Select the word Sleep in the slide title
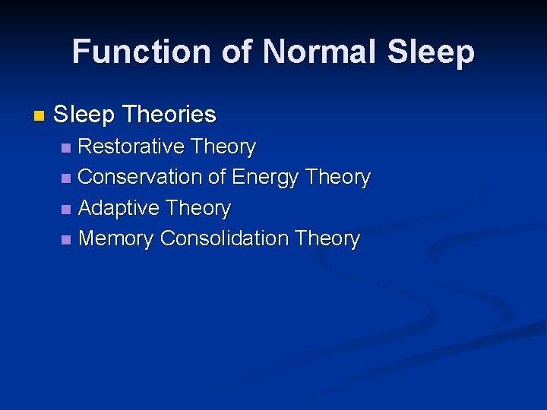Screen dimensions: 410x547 [x=432, y=52]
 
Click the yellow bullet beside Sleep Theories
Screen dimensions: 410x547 [x=40, y=116]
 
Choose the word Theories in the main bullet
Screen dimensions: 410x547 [x=169, y=115]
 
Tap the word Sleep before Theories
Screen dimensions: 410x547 [x=84, y=115]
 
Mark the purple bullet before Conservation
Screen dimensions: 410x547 [x=67, y=178]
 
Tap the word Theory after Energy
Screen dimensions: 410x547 [x=337, y=178]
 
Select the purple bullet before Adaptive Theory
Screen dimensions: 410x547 [x=67, y=209]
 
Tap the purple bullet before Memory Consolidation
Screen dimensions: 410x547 [x=67, y=240]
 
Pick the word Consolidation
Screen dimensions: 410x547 [x=224, y=238]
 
